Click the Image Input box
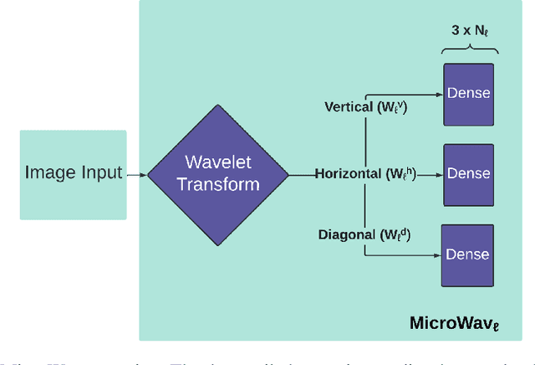click(73, 174)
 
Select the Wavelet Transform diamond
click(217, 174)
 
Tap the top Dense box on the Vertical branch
click(468, 94)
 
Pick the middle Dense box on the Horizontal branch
click(468, 174)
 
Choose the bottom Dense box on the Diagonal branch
click(468, 254)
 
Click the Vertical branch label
click(365, 107)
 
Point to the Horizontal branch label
click(364, 174)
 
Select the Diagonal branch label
click(363, 234)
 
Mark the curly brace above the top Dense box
click(468, 48)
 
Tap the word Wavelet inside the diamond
click(217, 162)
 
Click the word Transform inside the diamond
click(217, 184)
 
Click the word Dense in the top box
click(468, 94)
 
